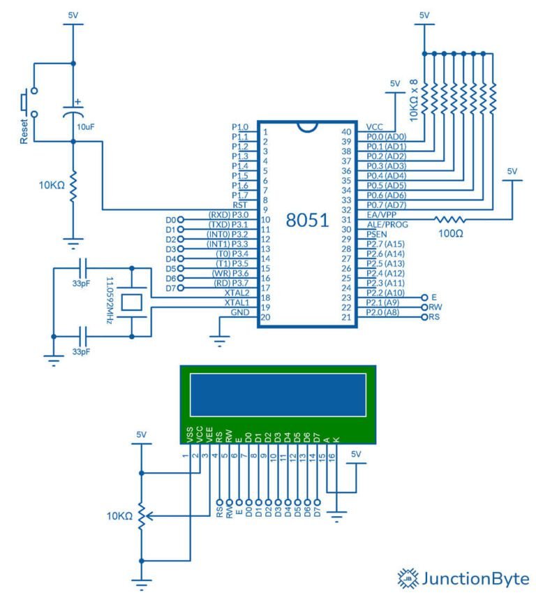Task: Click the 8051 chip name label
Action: [x=307, y=221]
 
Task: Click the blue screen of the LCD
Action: [x=276, y=396]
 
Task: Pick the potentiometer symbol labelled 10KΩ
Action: [x=142, y=517]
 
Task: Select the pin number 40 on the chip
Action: [x=346, y=132]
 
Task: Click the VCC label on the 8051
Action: [x=375, y=127]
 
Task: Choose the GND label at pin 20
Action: [x=239, y=313]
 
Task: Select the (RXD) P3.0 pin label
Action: [x=228, y=215]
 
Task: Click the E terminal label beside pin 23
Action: [x=434, y=297]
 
